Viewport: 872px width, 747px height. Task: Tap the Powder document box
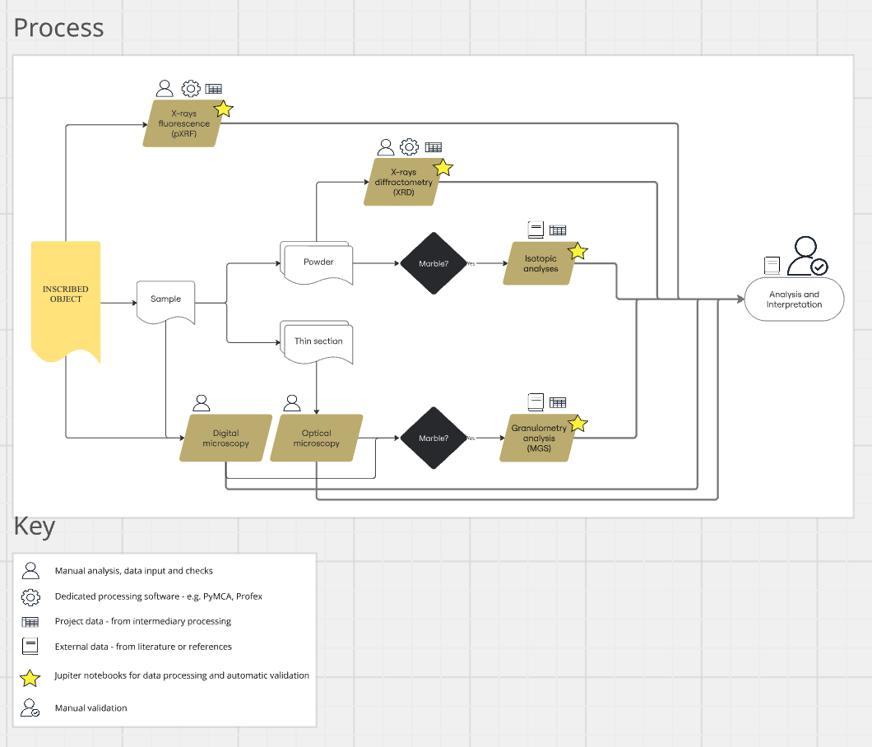tap(318, 262)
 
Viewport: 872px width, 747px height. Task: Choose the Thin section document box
tap(318, 341)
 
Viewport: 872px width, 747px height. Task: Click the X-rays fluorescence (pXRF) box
tap(183, 124)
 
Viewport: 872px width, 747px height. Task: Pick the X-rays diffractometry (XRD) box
tap(403, 183)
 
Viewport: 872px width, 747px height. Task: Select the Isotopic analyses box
tap(540, 263)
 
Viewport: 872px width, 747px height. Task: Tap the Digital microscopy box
tap(225, 438)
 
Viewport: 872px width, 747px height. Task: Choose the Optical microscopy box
tap(317, 438)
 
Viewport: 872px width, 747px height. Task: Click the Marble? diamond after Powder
tap(434, 263)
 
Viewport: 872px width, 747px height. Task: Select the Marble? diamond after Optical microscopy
tap(434, 438)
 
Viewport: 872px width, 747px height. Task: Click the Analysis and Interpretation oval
tap(794, 299)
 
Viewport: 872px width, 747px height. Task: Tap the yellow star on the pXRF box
tap(223, 109)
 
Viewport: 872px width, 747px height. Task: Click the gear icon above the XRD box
tap(409, 147)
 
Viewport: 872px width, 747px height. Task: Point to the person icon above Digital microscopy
tap(202, 403)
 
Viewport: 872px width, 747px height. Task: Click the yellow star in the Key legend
tap(30, 678)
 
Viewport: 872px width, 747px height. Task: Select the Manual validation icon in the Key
tap(30, 708)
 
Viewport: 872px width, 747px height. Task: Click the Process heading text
tap(59, 27)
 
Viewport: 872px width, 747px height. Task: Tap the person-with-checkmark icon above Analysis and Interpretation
tap(806, 257)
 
